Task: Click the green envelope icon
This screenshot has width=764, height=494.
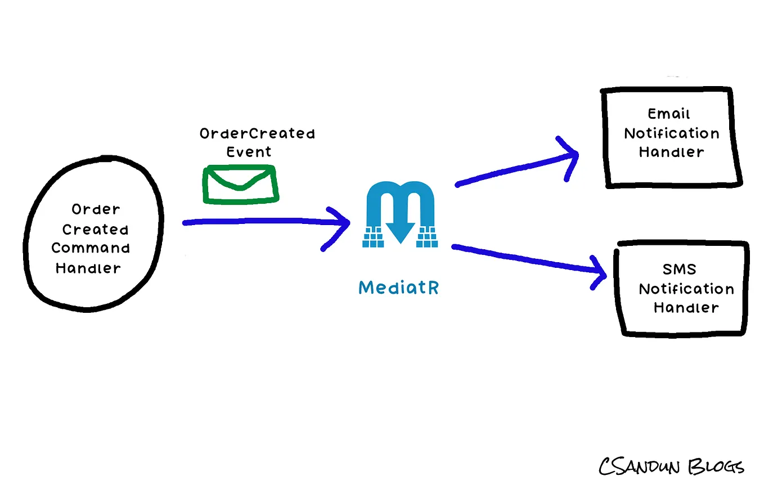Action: point(240,183)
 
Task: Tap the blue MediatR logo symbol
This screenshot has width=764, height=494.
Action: point(400,214)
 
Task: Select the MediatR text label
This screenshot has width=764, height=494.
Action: point(399,288)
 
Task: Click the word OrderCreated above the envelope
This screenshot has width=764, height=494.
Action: point(257,134)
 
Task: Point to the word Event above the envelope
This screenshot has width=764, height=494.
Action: point(249,152)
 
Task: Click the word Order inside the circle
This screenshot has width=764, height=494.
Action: point(96,210)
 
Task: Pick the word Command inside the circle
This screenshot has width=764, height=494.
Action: point(91,248)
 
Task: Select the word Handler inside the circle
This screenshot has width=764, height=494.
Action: point(88,268)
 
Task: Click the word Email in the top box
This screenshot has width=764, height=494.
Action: point(669,114)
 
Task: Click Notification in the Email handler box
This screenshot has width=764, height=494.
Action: point(672,133)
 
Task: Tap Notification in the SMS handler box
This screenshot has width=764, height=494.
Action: point(686,289)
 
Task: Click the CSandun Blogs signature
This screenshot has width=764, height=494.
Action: point(671,467)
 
